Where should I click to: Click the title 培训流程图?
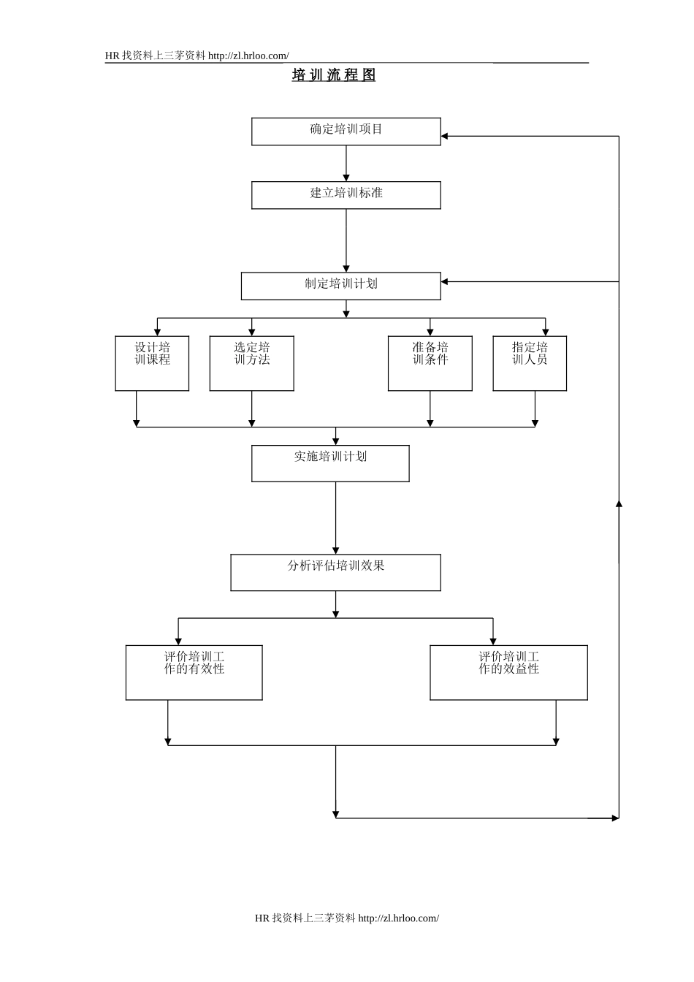(334, 75)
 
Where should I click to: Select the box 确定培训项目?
(346, 132)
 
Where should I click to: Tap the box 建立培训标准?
(346, 195)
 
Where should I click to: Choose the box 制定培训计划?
(341, 286)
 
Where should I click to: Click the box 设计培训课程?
(152, 363)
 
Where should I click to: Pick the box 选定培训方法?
(252, 363)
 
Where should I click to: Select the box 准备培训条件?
(430, 363)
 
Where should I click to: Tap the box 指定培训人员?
(530, 363)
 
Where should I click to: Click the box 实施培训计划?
(330, 463)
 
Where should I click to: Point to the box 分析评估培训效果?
(336, 572)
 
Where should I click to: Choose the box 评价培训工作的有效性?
(194, 672)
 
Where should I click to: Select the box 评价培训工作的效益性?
(508, 672)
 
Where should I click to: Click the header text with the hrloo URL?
(197, 56)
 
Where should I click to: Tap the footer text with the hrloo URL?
(347, 918)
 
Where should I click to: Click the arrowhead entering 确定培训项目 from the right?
(445, 136)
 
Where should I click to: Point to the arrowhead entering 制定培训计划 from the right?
(445, 281)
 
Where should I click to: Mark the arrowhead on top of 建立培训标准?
(346, 178)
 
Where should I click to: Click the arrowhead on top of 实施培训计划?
(336, 441)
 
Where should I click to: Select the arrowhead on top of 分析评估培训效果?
(336, 550)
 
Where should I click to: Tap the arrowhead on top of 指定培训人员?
(546, 332)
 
